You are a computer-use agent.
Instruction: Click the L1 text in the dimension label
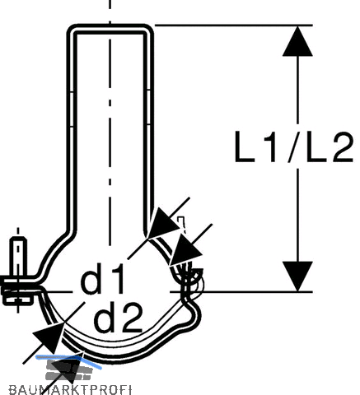pos(255,146)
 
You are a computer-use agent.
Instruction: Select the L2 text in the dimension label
pos(330,146)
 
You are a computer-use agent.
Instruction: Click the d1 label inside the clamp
pos(102,278)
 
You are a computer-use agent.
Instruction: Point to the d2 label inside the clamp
pos(118,317)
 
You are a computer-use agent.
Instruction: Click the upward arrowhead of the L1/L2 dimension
pos(297,41)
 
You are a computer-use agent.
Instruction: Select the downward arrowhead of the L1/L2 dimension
pos(297,276)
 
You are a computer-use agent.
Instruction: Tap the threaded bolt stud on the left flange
pos(18,257)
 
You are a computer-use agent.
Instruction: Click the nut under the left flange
pos(18,300)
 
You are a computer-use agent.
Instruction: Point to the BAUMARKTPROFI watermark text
pos(70,390)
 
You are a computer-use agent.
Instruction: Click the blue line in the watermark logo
pos(68,360)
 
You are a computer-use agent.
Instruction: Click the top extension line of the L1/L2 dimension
pos(234,26)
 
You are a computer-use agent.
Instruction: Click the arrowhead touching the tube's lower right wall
pos(163,224)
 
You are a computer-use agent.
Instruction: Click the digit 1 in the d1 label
pos(115,278)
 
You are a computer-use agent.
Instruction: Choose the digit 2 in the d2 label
pos(132,317)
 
